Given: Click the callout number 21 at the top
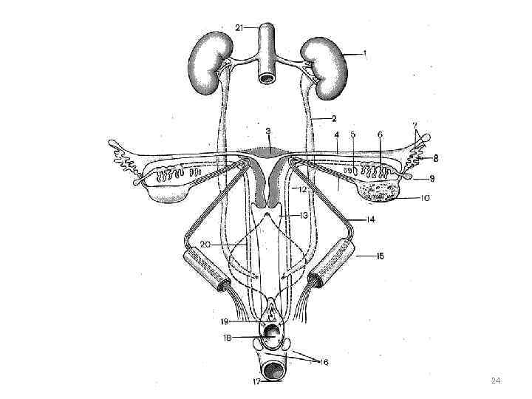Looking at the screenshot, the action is pos(239,27).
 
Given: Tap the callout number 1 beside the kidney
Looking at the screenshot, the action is pos(364,53).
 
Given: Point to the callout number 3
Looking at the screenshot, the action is pos(267,131).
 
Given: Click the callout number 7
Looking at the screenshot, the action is pos(415,126).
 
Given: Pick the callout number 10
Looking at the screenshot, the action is pos(425,198).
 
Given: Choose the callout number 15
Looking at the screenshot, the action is pos(380,256).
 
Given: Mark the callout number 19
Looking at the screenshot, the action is pos(224,321).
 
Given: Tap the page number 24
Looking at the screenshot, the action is pos(496,381).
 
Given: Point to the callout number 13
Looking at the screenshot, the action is pos(302,215).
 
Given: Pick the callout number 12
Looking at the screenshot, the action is pos(302,190).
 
